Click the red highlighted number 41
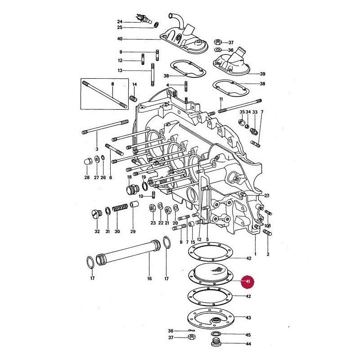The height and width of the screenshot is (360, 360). pos(247,281)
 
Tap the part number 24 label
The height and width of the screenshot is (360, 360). pos(120,22)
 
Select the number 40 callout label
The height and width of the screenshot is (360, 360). pos(120,39)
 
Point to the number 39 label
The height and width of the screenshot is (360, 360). pos(262,74)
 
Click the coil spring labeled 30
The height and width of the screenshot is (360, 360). pos(120,208)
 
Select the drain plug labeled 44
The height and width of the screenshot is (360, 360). pos(215,342)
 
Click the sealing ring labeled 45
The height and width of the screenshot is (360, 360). pos(215,333)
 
